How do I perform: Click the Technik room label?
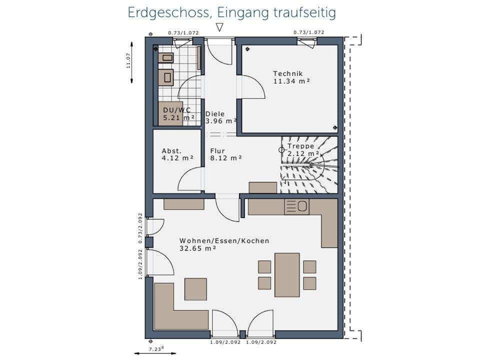click(288, 73)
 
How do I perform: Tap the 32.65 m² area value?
click(197, 248)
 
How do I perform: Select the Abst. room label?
click(171, 151)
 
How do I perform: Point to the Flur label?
click(217, 151)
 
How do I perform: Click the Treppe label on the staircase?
click(300, 146)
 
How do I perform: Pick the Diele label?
click(215, 113)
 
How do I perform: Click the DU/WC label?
click(177, 110)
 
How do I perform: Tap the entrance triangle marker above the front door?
click(219, 27)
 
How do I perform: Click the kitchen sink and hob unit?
click(296, 206)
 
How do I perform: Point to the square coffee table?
click(195, 289)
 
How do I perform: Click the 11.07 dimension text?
click(128, 60)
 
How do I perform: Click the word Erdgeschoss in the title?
click(169, 13)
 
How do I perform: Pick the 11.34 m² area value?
click(291, 81)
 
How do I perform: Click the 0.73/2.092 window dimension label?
click(140, 228)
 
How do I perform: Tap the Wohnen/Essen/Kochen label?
click(224, 241)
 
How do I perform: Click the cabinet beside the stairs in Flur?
click(263, 187)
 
